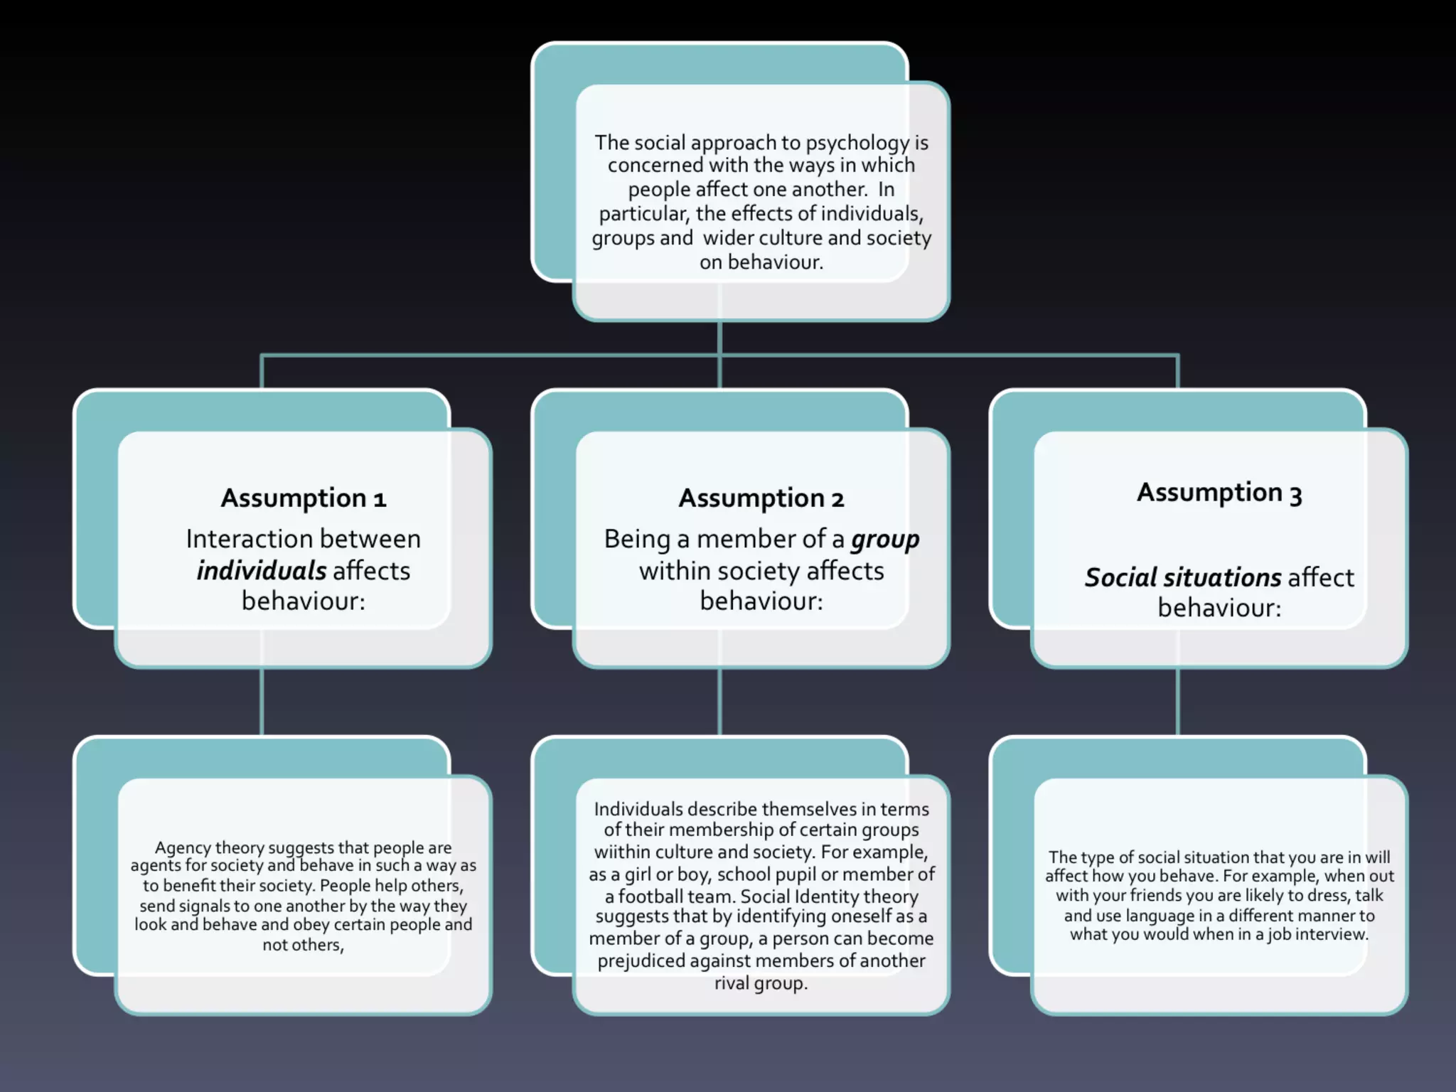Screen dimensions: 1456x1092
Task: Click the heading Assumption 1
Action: (x=304, y=498)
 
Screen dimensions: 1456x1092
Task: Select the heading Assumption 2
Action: (x=761, y=498)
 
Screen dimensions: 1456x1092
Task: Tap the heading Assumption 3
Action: (x=1219, y=493)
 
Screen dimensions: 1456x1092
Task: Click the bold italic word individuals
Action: (x=262, y=571)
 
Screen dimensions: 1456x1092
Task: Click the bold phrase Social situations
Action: (x=1183, y=577)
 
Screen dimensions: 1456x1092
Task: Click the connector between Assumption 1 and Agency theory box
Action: (x=262, y=701)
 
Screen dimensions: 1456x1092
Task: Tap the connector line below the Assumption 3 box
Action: (x=1178, y=701)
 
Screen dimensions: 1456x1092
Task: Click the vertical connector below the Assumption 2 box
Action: (x=720, y=701)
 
